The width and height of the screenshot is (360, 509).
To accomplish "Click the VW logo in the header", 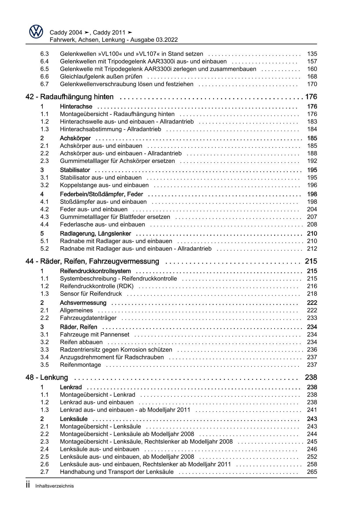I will pos(36,32).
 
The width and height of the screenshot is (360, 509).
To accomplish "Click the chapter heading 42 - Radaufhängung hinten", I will pos(70,97).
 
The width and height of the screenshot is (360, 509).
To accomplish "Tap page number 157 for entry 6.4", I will pos(312,62).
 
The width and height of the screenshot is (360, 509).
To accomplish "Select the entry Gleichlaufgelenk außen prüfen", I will pos(101,77).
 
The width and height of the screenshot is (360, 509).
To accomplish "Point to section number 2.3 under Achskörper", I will pos(44,161).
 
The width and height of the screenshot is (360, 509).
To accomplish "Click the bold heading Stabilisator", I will pos(75,170).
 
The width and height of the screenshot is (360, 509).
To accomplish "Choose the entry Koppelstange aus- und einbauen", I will pos(104,185).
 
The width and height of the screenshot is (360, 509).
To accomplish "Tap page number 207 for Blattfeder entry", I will pos(312,217).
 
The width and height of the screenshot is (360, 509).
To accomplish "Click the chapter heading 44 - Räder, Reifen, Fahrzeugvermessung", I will pos(92,261).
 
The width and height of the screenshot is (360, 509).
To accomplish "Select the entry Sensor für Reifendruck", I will pos(91,294).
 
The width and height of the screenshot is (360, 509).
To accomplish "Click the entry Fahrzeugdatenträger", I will pos(88,318).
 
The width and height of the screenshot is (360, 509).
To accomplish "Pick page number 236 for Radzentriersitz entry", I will pos(312,350).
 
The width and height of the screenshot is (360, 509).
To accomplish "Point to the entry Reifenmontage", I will pos(80,365).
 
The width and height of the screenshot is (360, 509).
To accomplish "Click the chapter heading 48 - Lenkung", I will pos(47,377).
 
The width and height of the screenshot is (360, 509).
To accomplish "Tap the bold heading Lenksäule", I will pos(73,419).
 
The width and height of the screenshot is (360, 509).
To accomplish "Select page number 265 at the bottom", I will pos(312,472).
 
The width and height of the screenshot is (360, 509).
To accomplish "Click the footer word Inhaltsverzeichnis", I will pos(55,486).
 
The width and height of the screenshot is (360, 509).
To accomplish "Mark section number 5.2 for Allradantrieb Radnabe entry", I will pos(44,249).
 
